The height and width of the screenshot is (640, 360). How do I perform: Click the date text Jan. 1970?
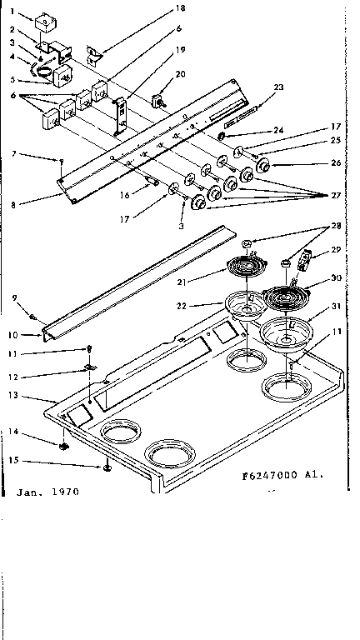[x=47, y=492]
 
